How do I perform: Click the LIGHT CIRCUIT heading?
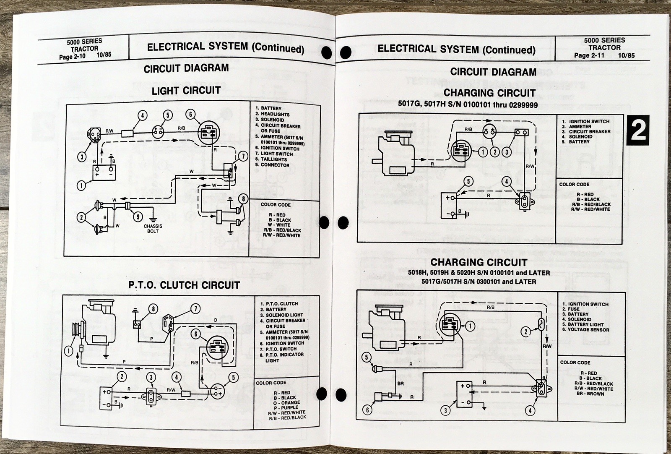[186, 91]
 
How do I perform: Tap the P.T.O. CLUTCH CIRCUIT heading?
[184, 285]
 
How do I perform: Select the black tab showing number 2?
[638, 131]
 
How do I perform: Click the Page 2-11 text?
[589, 55]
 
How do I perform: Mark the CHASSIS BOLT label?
[153, 229]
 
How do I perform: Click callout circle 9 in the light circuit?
[138, 217]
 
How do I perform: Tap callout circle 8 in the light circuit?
[243, 199]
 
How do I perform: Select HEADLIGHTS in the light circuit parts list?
[275, 114]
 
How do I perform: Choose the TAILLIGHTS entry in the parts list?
[273, 159]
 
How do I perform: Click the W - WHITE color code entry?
[277, 225]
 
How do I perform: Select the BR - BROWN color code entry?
[590, 394]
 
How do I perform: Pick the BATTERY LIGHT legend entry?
[585, 324]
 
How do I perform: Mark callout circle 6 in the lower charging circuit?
[367, 410]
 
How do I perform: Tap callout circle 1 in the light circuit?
[81, 185]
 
